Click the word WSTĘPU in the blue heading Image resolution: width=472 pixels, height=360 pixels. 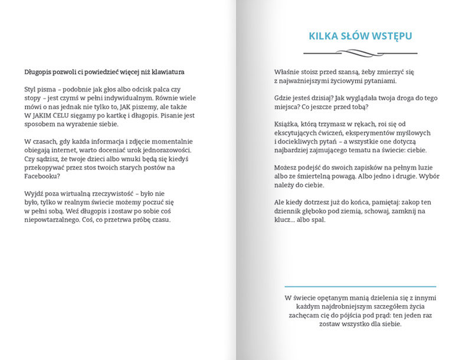click(388, 37)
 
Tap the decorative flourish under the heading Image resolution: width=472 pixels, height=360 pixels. click(359, 53)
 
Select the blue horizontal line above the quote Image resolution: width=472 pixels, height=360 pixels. click(359, 286)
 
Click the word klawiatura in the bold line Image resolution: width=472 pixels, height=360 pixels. click(167, 72)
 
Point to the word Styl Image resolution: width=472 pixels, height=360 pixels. click(31, 89)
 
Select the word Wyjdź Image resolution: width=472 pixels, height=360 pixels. click(34, 194)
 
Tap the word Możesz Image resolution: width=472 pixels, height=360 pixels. click(287, 168)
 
